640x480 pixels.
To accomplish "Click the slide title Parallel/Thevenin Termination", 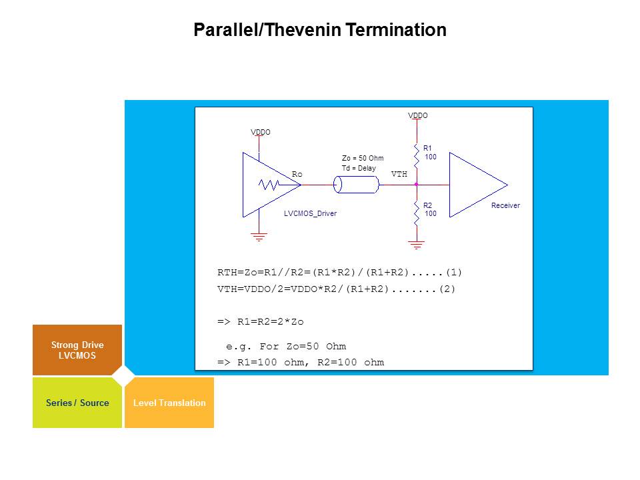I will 319,30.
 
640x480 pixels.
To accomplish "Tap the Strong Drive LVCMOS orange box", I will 77,350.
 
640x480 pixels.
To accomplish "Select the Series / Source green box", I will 77,403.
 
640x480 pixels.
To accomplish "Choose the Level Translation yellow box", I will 169,403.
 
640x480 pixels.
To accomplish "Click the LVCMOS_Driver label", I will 310,214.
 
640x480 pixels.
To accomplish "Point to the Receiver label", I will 505,205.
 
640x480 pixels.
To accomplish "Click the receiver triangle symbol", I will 473,185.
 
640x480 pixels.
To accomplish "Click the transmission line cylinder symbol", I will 356,184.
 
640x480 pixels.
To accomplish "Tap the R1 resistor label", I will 428,148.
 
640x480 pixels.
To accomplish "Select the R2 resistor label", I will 428,205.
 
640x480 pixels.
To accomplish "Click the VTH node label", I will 399,174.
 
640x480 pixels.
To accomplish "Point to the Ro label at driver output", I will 297,174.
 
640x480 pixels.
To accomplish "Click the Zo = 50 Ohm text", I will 363,158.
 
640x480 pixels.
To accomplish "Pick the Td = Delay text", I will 359,169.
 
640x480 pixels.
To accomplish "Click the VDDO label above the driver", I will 261,132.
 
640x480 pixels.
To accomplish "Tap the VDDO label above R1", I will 418,115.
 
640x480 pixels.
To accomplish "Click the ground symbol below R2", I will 417,245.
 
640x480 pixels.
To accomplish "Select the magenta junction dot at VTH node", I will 416,184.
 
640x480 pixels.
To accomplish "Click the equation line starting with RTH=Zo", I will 339,272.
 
